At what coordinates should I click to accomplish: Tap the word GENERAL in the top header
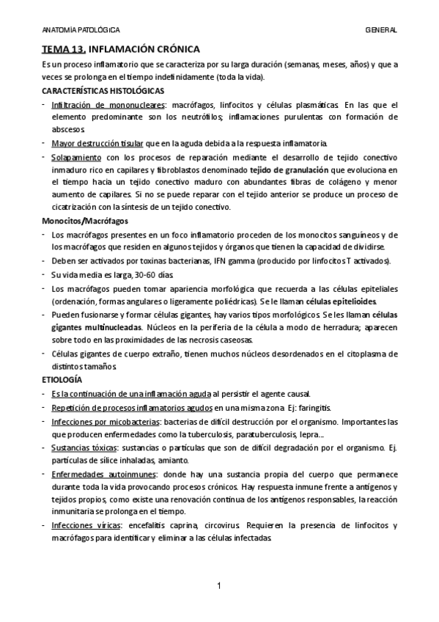click(381, 30)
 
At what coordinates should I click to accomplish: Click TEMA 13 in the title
click(63, 49)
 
